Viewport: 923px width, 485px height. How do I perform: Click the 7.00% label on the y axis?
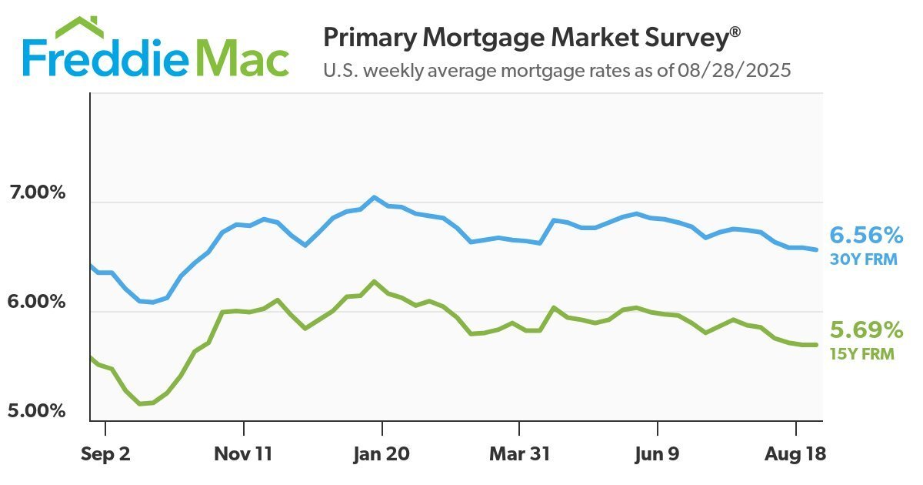click(x=37, y=192)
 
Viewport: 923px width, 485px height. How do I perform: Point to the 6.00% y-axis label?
click(x=37, y=302)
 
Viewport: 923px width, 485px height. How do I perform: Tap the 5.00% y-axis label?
click(x=37, y=410)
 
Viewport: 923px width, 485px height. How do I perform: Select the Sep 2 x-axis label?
click(x=105, y=454)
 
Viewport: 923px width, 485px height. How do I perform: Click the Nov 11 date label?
click(x=243, y=454)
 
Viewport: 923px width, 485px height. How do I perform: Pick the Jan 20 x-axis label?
click(x=382, y=454)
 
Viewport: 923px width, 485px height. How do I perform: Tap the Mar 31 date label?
click(x=519, y=454)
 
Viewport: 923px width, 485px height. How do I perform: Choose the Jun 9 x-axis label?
click(x=657, y=454)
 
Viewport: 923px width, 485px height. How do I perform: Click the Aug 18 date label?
click(x=795, y=454)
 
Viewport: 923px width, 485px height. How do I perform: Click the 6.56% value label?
click(x=865, y=235)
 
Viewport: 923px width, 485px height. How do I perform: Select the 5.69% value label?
click(x=865, y=331)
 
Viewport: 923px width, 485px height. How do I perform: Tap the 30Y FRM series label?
click(x=864, y=259)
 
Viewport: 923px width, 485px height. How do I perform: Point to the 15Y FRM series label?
click(x=864, y=355)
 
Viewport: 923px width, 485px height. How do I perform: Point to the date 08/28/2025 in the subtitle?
click(x=735, y=71)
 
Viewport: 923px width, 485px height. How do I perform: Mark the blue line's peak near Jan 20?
click(x=374, y=197)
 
